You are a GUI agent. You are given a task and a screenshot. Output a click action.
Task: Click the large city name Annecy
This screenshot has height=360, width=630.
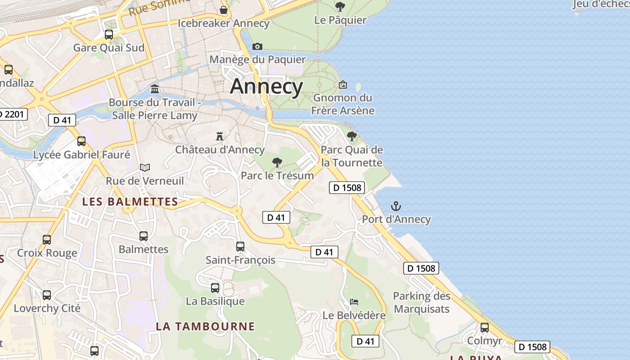[x=266, y=86]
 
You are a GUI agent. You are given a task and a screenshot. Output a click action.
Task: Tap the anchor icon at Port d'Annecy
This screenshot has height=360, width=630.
[x=396, y=207]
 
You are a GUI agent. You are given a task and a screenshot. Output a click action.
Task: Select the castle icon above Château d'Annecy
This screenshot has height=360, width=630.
[x=220, y=136]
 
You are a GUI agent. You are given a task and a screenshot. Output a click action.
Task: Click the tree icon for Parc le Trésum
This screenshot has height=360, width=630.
[x=277, y=162]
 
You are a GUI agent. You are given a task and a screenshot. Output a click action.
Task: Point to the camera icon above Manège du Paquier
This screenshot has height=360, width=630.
[x=257, y=46]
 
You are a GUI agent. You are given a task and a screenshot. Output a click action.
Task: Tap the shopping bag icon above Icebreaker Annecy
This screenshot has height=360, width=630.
[x=224, y=10]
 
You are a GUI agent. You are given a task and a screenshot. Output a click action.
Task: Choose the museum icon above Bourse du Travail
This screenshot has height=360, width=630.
[x=155, y=89]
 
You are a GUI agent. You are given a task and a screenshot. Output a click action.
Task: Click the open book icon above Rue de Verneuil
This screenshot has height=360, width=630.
[x=144, y=167]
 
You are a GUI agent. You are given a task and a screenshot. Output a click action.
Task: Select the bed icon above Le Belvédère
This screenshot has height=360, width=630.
[x=354, y=302]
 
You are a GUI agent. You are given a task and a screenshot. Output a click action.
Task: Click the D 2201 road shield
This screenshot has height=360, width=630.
[x=13, y=114]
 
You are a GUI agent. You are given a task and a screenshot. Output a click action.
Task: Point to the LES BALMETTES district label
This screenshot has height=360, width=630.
[x=130, y=202]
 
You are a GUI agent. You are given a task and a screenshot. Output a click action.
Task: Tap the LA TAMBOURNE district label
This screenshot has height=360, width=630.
[x=205, y=326]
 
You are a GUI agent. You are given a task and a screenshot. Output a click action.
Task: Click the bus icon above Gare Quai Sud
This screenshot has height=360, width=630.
[x=108, y=34]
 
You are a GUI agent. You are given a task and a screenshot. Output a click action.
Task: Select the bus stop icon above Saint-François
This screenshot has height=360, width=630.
[x=240, y=246]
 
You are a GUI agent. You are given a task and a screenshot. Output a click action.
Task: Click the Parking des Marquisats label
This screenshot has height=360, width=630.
[x=421, y=302]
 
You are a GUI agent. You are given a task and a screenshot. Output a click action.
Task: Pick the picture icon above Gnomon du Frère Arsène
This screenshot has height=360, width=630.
[x=342, y=85]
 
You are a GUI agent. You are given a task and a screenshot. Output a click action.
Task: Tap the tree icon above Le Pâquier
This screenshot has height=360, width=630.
[x=340, y=7]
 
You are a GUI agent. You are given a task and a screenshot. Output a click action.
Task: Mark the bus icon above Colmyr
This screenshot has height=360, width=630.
[x=484, y=327]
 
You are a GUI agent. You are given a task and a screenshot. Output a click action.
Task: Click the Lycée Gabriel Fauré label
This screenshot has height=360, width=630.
[x=81, y=155]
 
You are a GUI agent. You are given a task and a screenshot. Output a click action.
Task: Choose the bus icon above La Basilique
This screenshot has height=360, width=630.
[x=215, y=288]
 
